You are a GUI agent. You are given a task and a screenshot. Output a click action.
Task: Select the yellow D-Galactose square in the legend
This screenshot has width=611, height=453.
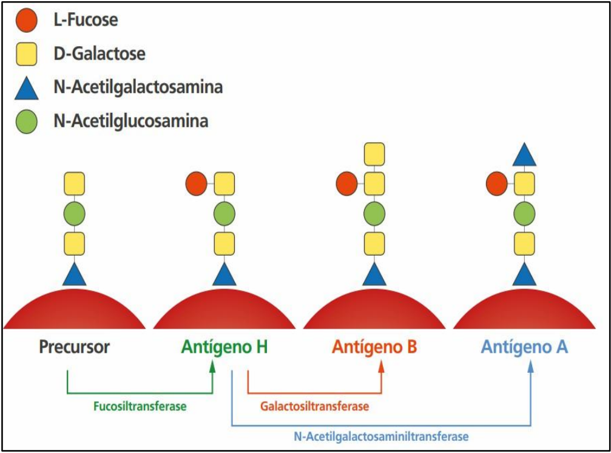coord(26,54)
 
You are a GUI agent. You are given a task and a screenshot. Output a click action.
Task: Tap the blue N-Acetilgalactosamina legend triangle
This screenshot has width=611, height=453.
coord(26,87)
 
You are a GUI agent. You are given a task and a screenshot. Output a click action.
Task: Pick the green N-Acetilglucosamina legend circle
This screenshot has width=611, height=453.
coord(26,121)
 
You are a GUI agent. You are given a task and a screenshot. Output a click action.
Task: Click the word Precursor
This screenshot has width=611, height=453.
coord(75,347)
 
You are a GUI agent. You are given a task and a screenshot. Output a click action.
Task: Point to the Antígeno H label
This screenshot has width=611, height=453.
coord(224,347)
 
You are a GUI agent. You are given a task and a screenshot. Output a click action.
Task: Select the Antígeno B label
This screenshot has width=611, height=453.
coord(374,347)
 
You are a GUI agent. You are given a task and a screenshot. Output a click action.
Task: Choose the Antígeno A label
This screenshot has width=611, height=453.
coord(524,347)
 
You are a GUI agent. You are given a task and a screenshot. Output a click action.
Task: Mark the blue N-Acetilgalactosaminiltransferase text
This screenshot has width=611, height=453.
coord(382,435)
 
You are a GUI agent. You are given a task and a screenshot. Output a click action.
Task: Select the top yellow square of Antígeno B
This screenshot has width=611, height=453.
coord(374,154)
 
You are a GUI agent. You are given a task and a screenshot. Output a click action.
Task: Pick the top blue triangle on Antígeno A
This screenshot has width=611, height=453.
coord(524,154)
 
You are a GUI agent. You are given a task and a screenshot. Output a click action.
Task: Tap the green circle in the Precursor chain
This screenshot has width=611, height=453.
coord(75,214)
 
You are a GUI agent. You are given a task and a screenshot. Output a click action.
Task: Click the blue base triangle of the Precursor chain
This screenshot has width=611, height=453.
coord(75,274)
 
